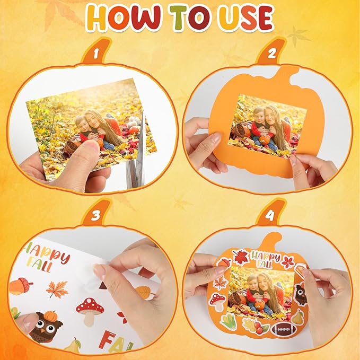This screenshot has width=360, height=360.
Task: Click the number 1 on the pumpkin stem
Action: point(96,54)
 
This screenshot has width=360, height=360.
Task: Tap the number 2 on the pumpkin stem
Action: point(272,54)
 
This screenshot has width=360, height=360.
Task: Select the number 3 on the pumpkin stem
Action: point(96,215)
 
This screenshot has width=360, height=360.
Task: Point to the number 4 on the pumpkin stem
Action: point(270,215)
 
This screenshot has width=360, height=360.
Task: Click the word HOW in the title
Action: point(124,18)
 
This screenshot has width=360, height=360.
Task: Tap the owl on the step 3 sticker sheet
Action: point(46,327)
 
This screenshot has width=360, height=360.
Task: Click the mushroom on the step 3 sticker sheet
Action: point(90,311)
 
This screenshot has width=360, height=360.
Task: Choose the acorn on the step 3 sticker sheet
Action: point(21,286)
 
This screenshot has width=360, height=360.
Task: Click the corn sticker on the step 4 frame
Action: point(229,322)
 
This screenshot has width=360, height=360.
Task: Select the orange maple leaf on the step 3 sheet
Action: point(57,289)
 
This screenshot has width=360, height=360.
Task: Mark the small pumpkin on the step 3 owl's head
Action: point(50,316)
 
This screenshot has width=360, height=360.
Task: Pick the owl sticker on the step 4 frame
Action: point(301,294)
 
